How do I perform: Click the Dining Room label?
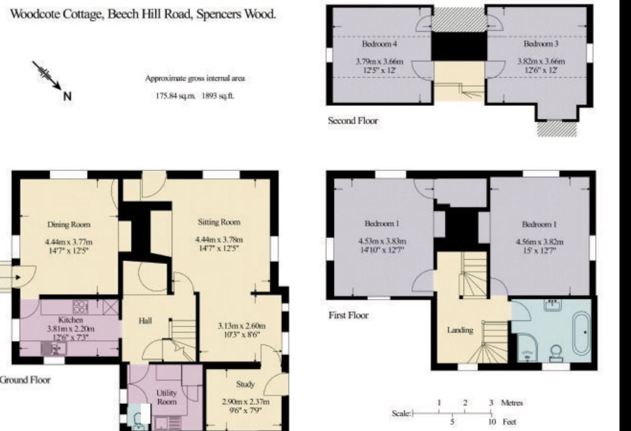(x=69, y=225)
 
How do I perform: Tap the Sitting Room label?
(x=219, y=222)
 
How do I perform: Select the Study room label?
(x=246, y=384)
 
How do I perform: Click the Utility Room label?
(x=167, y=397)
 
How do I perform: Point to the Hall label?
(x=145, y=321)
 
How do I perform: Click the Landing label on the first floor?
(x=460, y=330)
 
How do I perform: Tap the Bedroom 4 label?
(x=379, y=44)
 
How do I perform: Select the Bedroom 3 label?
(x=541, y=44)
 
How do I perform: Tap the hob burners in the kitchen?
(x=81, y=307)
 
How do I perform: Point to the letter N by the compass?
(x=67, y=97)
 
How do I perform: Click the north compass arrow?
(x=47, y=75)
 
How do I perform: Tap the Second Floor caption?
(x=353, y=121)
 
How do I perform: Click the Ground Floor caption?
(x=25, y=380)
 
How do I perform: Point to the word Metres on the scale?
(x=512, y=403)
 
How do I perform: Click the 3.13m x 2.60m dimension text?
(x=242, y=326)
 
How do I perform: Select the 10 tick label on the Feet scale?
(x=492, y=422)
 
